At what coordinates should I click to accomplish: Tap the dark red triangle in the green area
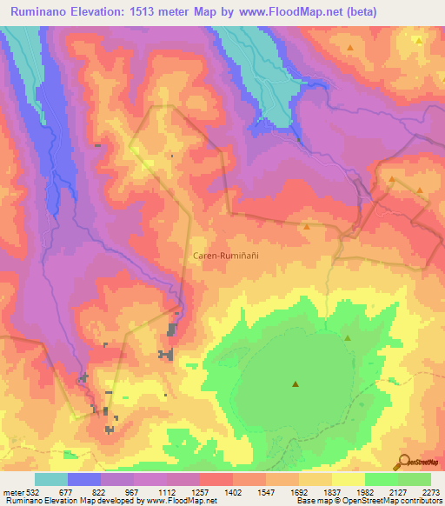[295, 383]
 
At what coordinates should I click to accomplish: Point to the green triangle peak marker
[348, 337]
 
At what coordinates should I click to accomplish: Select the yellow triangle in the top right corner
[418, 40]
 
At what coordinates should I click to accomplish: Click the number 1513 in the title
[163, 13]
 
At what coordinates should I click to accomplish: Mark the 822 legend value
[101, 490]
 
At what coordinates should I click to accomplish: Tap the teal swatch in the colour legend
[51, 479]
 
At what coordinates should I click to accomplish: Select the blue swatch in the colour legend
[84, 479]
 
